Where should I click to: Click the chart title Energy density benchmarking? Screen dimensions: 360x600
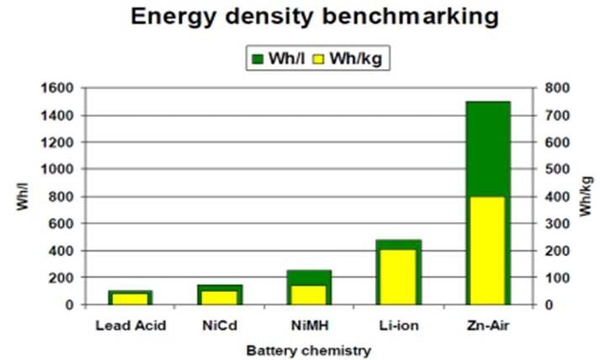coord(300,16)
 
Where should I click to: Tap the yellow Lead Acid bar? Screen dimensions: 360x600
coord(130,299)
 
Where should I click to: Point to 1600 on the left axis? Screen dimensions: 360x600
coord(62,87)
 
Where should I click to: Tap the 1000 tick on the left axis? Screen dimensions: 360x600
coord(62,169)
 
